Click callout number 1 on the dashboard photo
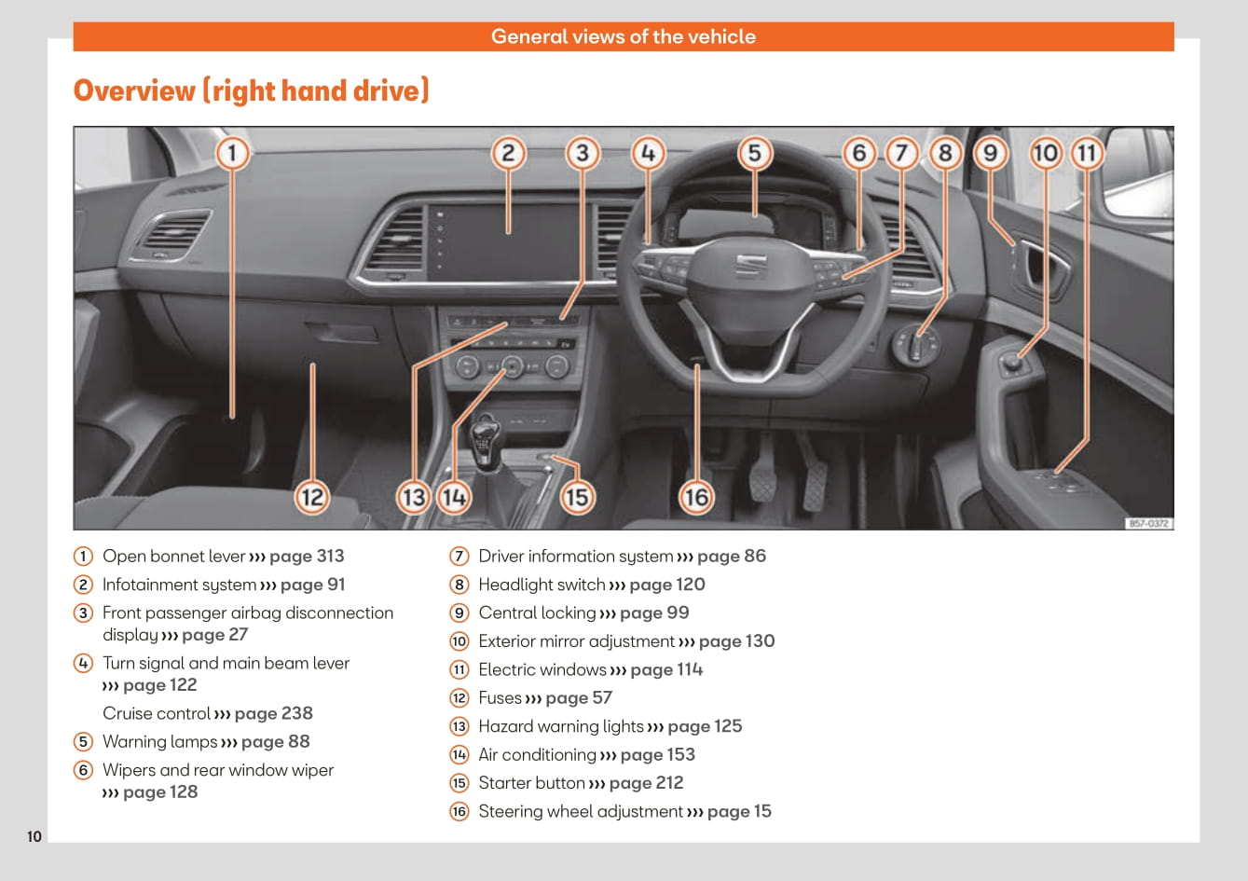(x=232, y=153)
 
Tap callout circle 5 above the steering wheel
(x=754, y=153)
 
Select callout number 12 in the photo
(x=312, y=497)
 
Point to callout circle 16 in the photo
(x=696, y=497)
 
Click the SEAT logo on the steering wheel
(x=750, y=266)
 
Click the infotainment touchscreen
(x=503, y=243)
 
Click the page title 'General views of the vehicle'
(x=624, y=36)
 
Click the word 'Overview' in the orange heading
(x=134, y=90)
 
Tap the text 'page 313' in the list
(x=307, y=557)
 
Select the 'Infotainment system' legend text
(x=179, y=585)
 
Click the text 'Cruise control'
(x=157, y=713)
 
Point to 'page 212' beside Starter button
(x=646, y=783)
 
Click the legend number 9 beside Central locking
(x=459, y=613)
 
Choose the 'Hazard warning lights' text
(x=561, y=726)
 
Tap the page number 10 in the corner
(x=34, y=836)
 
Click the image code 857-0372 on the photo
(x=1149, y=523)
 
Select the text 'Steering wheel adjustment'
(x=581, y=811)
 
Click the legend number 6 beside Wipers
(x=83, y=770)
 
